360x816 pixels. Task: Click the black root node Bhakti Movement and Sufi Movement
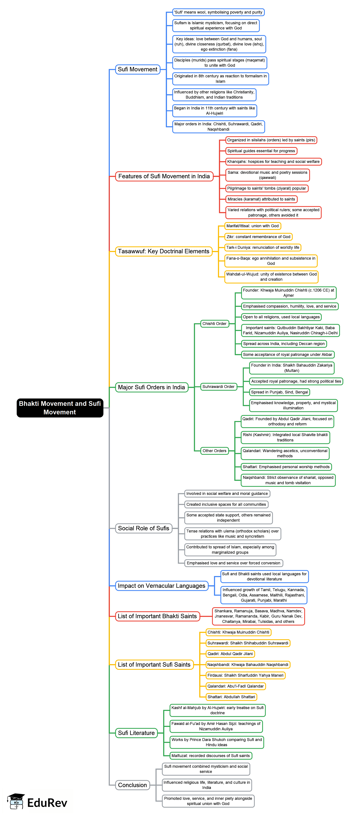pyautogui.click(x=60, y=408)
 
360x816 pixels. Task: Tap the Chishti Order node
pyautogui.click(x=214, y=323)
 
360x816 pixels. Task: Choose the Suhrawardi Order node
pyautogui.click(x=218, y=386)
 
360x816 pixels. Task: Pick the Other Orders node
pyautogui.click(x=214, y=450)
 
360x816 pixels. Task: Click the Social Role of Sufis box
pyautogui.click(x=143, y=528)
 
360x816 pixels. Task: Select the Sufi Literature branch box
pyautogui.click(x=136, y=733)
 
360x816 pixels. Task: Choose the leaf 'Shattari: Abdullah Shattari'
pyautogui.click(x=231, y=697)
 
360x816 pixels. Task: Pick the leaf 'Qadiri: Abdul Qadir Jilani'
pyautogui.click(x=230, y=653)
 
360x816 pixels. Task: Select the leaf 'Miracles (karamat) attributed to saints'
pyautogui.click(x=261, y=199)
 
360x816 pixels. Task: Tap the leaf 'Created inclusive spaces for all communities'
pyautogui.click(x=226, y=504)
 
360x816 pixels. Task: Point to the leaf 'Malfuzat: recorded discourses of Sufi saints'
pyautogui.click(x=211, y=756)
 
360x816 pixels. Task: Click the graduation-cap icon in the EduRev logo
pyautogui.click(x=16, y=801)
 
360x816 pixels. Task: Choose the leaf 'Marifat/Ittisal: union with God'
pyautogui.click(x=252, y=226)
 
